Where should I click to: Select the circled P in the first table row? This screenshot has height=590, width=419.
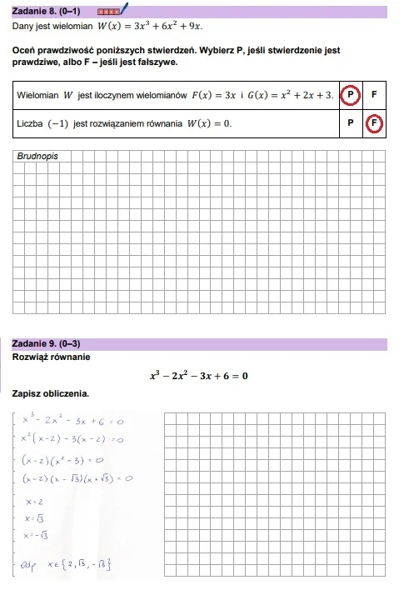(351, 95)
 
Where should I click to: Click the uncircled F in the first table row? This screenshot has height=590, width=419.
(375, 95)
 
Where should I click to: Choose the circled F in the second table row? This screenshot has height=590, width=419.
(375, 124)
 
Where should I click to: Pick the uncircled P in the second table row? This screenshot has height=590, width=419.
(351, 124)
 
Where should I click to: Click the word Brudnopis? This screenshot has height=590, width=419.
(37, 156)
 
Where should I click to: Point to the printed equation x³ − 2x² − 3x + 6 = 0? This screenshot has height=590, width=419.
(199, 376)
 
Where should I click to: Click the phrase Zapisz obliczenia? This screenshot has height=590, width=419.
(50, 393)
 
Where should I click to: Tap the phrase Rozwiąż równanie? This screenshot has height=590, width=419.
(52, 357)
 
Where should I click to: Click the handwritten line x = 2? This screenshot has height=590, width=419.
(35, 502)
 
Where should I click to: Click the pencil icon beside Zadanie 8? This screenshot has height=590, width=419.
(125, 10)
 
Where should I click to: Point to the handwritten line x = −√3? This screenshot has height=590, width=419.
(38, 536)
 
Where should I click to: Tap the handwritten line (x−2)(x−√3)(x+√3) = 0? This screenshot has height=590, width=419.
(78, 478)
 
